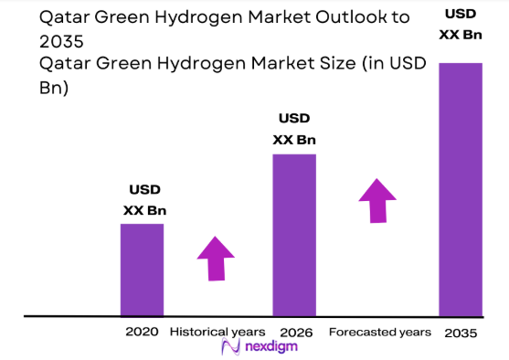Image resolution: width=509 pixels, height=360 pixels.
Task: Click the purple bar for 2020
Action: tap(142, 270)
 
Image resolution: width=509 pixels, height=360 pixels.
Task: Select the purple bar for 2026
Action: tap(294, 235)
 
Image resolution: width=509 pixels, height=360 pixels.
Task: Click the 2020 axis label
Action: tap(143, 331)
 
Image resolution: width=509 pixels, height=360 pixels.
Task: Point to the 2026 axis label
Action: tap(294, 331)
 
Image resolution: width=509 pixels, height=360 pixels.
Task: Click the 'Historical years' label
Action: tap(218, 331)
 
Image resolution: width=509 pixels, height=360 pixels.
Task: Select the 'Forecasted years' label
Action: tap(380, 331)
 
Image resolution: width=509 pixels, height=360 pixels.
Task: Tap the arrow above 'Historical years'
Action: tap(217, 258)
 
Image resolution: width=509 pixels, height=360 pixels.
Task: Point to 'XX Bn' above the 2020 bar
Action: tap(144, 210)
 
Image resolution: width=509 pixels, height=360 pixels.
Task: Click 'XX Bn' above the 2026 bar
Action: tap(294, 140)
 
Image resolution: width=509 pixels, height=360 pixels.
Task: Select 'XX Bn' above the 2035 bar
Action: tap(461, 34)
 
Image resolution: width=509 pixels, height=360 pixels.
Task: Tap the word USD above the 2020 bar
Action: tap(144, 189)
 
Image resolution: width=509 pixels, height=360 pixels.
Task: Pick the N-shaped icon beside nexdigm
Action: tap(229, 347)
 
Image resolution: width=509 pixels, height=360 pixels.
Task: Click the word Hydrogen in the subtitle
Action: tap(196, 63)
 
